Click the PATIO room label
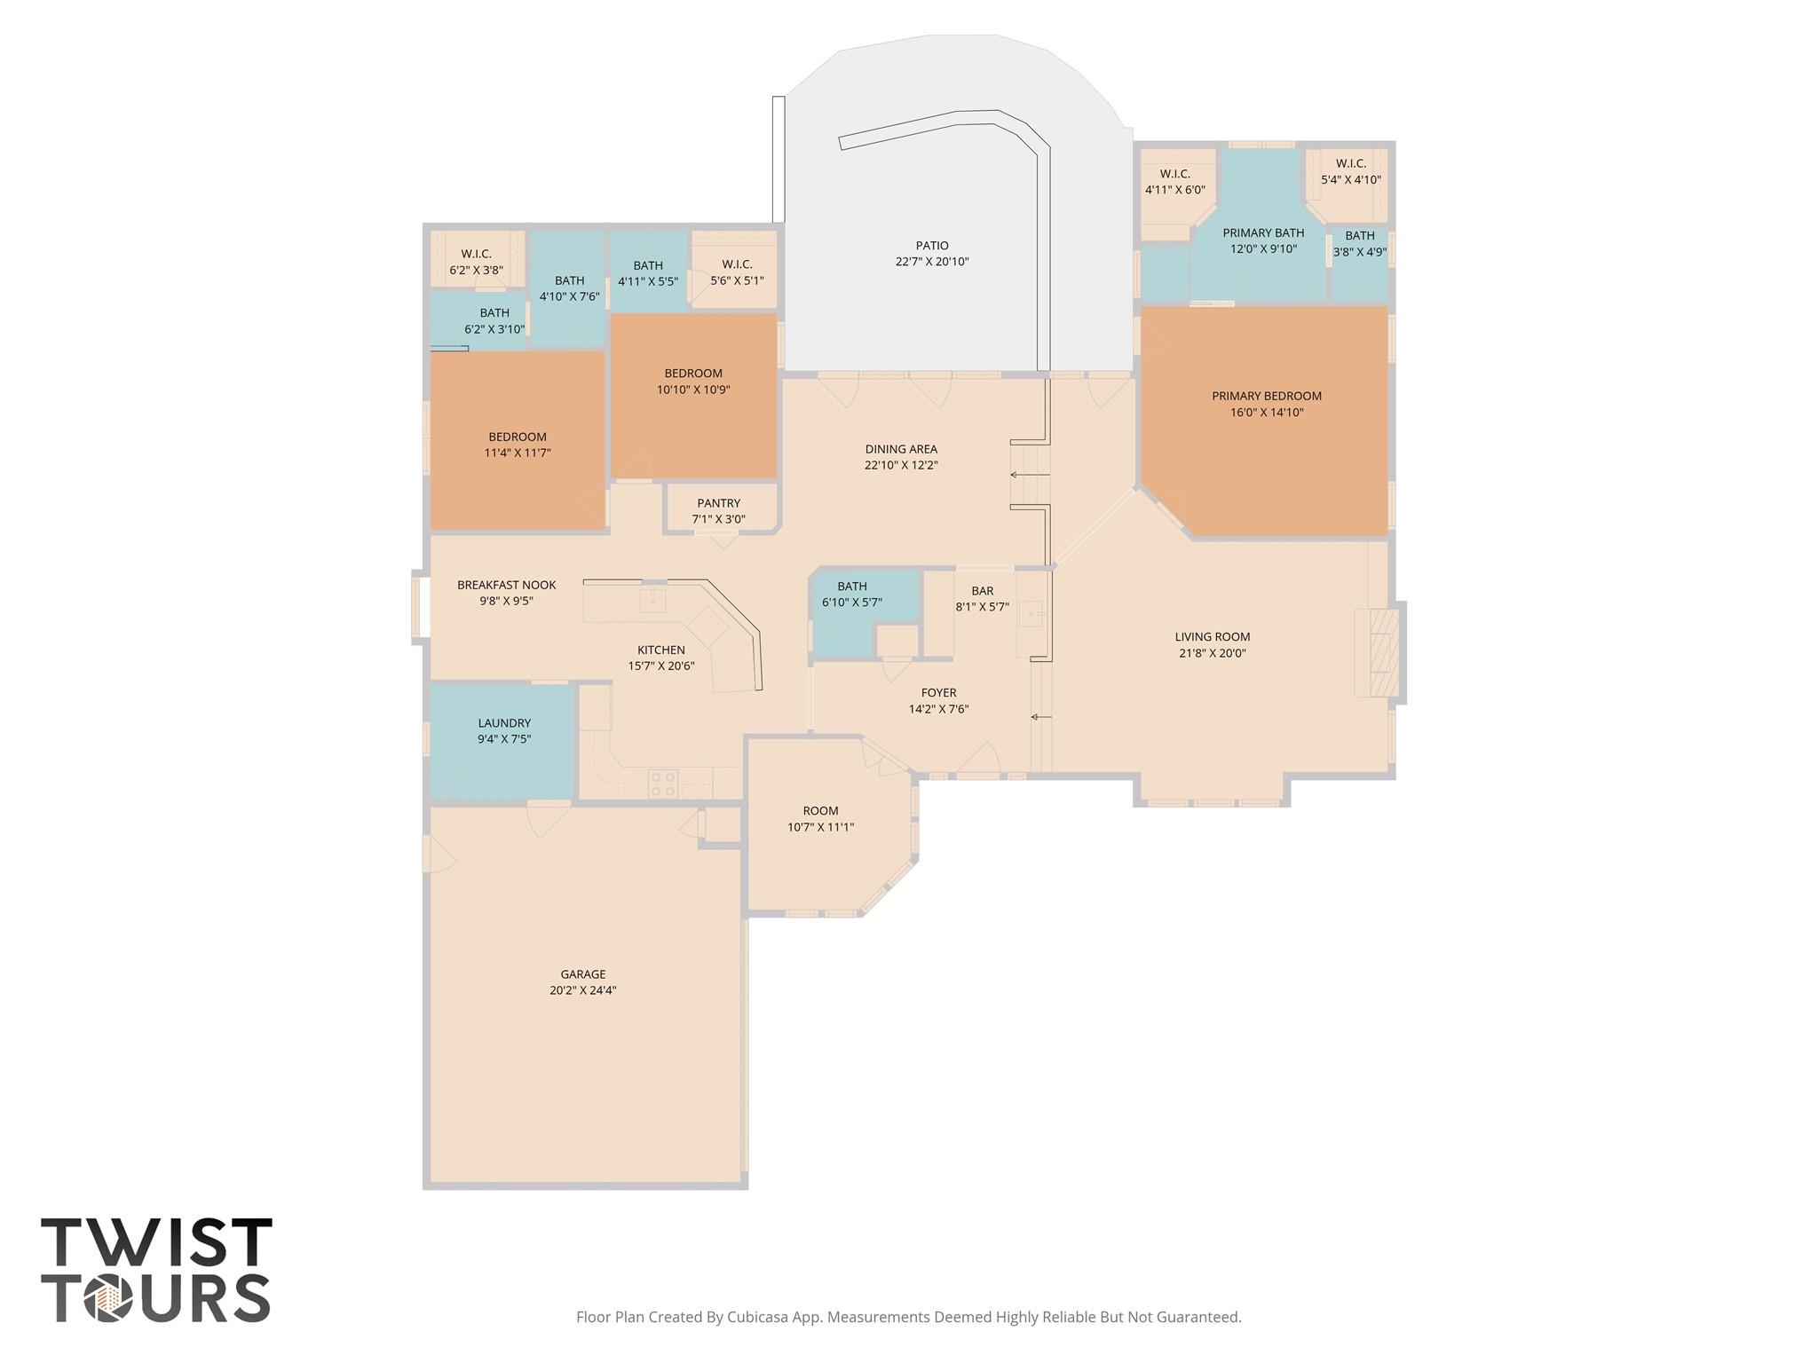click(x=932, y=246)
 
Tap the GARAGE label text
click(x=583, y=974)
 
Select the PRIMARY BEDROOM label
click(x=1267, y=396)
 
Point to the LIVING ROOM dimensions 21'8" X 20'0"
click(x=1213, y=653)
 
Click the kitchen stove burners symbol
click(x=663, y=784)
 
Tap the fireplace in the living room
click(x=1377, y=652)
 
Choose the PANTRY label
click(x=719, y=503)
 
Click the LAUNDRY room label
click(x=504, y=723)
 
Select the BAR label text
click(x=983, y=591)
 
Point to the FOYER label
click(x=939, y=693)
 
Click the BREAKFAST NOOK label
click(x=507, y=585)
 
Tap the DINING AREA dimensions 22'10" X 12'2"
click(x=902, y=465)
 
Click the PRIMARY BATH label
click(x=1264, y=233)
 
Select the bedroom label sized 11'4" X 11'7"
click(x=518, y=437)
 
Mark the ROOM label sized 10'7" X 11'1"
click(x=821, y=811)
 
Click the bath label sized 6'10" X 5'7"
click(x=852, y=586)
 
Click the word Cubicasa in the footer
click(x=760, y=1317)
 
